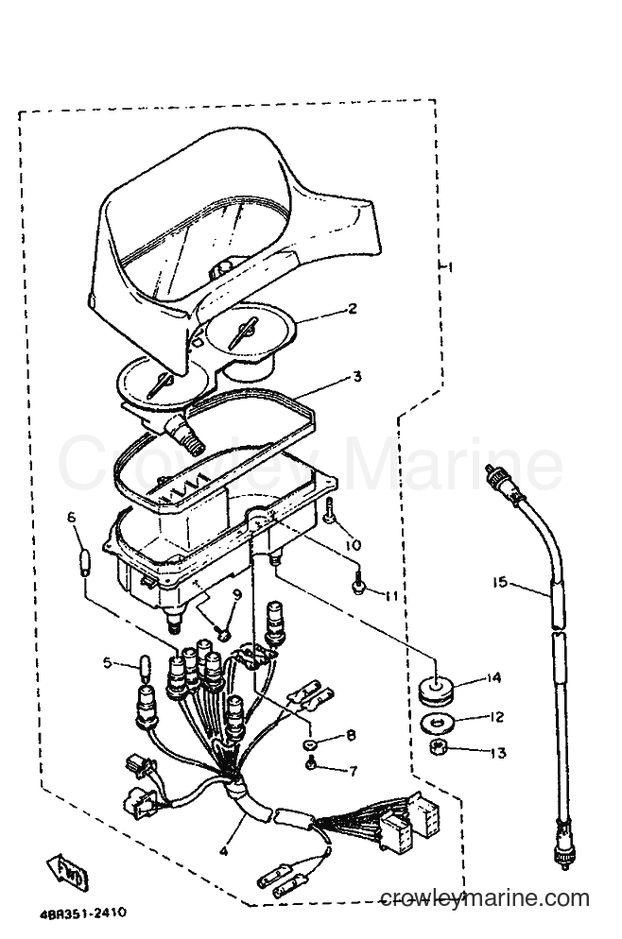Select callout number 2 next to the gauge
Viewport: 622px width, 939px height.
(x=353, y=308)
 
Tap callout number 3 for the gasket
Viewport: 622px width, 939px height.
(x=357, y=377)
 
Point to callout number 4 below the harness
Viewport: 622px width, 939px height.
(x=223, y=849)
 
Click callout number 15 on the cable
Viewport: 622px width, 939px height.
(x=501, y=582)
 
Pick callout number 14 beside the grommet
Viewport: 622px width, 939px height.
(x=493, y=678)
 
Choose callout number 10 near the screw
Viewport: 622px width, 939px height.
(x=354, y=545)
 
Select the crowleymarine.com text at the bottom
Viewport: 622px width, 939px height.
(x=485, y=898)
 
